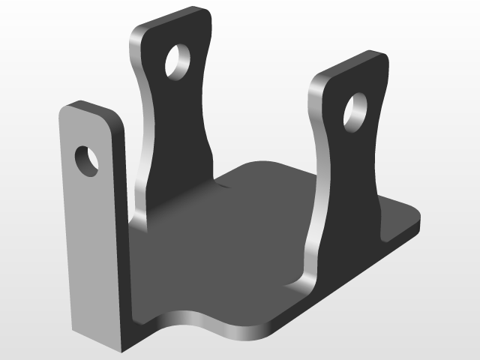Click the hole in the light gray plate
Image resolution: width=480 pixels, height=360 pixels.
[86, 160]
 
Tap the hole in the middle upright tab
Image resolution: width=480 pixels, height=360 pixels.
[179, 61]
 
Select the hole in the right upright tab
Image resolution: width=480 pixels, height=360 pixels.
[355, 110]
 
